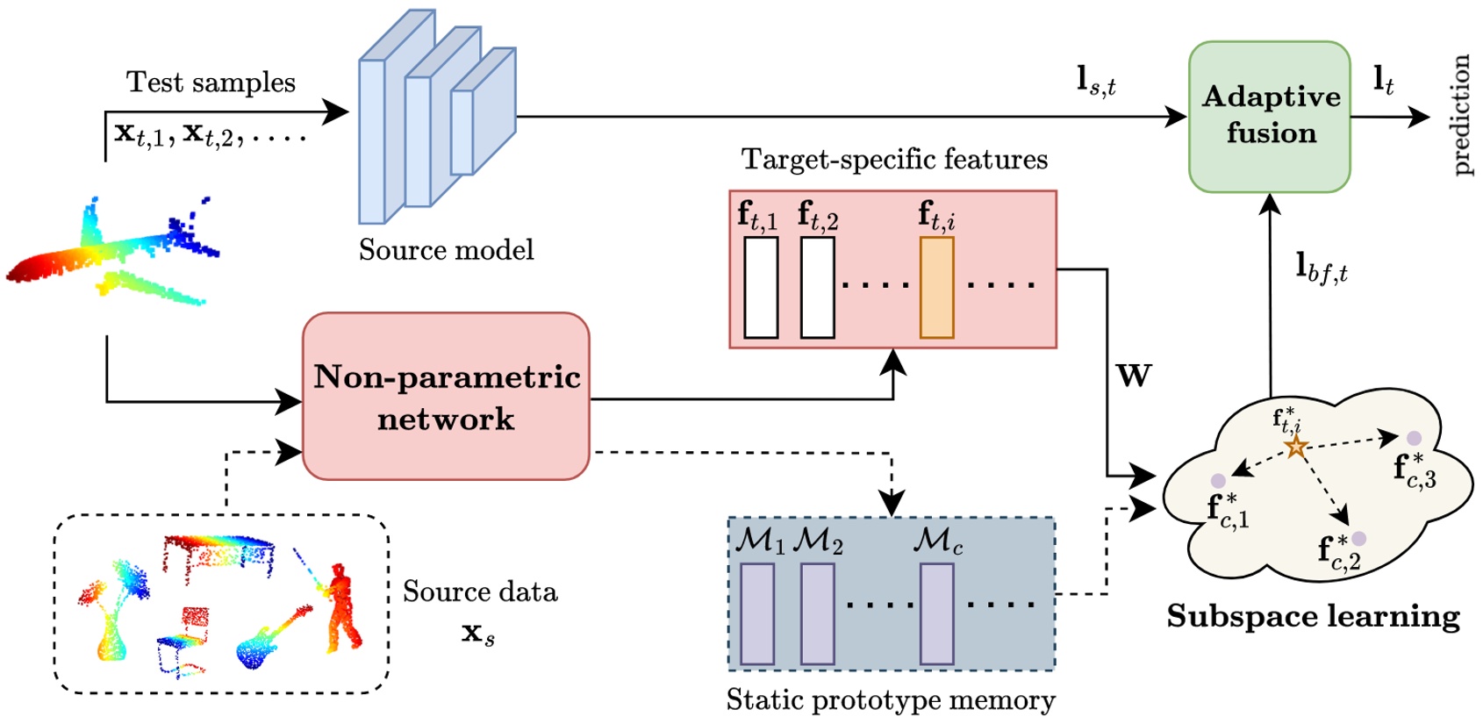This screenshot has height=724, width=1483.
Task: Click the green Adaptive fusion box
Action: pyautogui.click(x=1269, y=116)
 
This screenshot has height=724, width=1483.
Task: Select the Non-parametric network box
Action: pyautogui.click(x=446, y=397)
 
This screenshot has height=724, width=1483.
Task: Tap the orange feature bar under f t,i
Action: pyautogui.click(x=936, y=288)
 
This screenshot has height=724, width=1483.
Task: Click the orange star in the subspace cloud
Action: pyautogui.click(x=1296, y=448)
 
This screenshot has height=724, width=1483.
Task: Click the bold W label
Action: pyautogui.click(x=1133, y=376)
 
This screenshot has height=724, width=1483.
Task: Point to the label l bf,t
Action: pyautogui.click(x=1321, y=267)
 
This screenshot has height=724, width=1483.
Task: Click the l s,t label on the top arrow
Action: pyautogui.click(x=1096, y=82)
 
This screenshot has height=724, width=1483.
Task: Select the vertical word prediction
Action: pyautogui.click(x=1460, y=115)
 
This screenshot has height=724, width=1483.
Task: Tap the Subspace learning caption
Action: pyautogui.click(x=1313, y=617)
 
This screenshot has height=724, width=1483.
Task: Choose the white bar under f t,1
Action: pyautogui.click(x=761, y=288)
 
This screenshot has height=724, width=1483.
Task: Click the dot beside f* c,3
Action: pyautogui.click(x=1414, y=438)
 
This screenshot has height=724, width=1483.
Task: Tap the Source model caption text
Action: pyautogui.click(x=446, y=250)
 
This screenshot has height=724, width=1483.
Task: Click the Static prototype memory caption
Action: pyautogui.click(x=891, y=700)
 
